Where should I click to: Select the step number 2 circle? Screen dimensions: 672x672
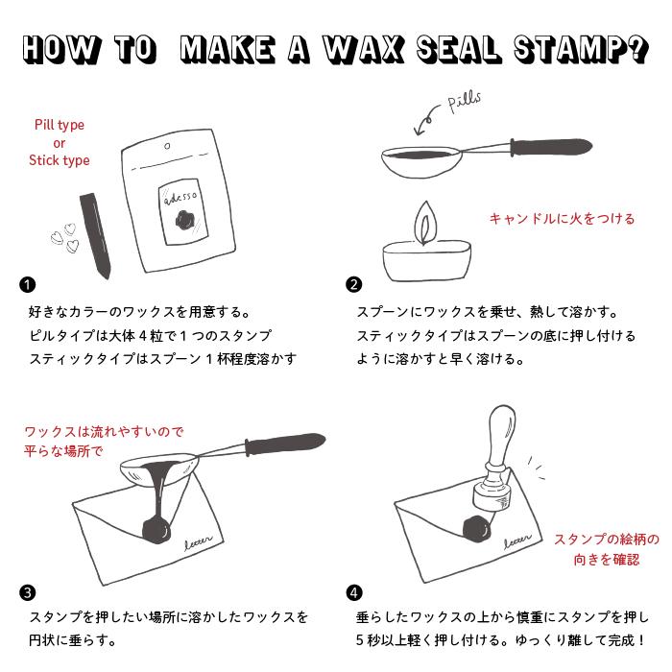point(354,284)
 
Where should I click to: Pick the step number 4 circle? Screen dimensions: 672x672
point(354,592)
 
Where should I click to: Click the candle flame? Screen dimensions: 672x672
point(422,225)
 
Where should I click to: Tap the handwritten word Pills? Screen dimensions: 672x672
point(465,103)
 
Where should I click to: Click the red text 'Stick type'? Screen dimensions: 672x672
point(59,160)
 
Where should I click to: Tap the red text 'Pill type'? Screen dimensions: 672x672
point(59,125)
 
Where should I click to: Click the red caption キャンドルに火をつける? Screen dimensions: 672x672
point(563,219)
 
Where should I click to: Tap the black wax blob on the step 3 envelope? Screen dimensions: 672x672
point(153,529)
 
